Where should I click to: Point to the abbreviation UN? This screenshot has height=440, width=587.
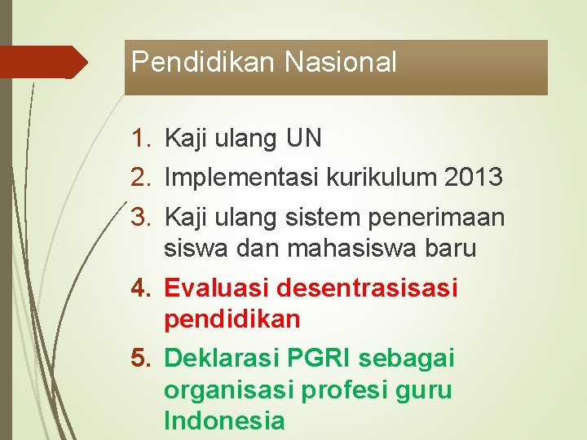point(303,139)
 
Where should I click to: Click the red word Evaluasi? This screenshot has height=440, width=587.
point(217,288)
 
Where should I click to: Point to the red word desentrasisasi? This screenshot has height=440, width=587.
point(368,288)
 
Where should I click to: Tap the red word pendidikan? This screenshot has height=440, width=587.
point(232,319)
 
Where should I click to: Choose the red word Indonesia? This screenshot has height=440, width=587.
point(224,421)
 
